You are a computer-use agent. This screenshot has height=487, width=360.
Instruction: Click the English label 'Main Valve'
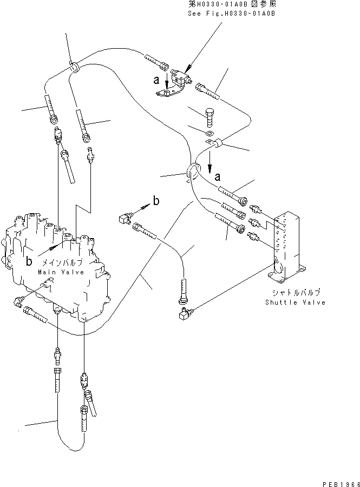point(61,272)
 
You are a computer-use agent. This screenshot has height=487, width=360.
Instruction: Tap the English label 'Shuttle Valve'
point(295,302)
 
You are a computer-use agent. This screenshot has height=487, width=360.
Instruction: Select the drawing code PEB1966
point(338,480)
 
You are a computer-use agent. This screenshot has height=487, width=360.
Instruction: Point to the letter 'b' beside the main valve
point(29,261)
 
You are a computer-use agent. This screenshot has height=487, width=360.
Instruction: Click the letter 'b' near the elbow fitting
point(156,201)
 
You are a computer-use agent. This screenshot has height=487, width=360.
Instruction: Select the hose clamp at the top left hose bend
point(75,67)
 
